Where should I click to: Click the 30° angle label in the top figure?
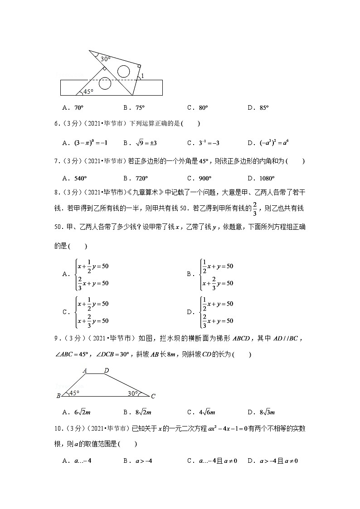[106, 59]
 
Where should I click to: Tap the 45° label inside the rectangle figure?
[88, 92]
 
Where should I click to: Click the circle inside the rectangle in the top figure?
[105, 83]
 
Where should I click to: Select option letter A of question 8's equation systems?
[65, 274]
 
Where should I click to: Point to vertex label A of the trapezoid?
[85, 370]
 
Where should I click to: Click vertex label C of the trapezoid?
[153, 396]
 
